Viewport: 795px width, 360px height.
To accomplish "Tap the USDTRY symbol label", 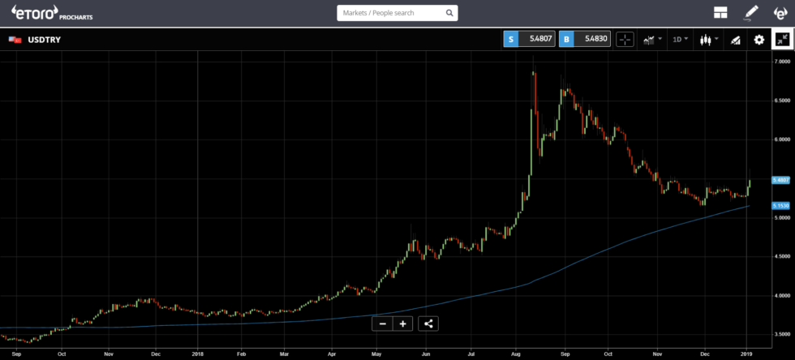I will pos(44,40).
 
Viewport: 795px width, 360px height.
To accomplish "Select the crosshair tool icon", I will pos(625,39).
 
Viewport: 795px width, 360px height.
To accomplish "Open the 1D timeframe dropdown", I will pos(680,39).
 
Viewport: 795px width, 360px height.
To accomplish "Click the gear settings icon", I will pos(759,39).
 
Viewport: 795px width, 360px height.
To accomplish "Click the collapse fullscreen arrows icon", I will pos(783,39).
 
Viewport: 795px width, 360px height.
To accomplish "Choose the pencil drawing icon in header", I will pos(751,12).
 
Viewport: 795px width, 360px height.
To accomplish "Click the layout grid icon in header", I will pos(720,12).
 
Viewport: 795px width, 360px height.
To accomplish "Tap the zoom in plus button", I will pos(402,324).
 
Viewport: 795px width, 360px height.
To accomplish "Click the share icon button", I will pos(429,324).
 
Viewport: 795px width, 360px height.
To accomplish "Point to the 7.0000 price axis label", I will pos(781,62).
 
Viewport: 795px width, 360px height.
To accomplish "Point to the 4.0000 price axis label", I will pos(781,296).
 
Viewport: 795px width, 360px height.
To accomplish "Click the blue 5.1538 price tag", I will pos(781,206).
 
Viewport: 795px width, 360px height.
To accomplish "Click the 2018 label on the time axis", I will pos(198,354).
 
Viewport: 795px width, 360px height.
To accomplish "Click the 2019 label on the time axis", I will pos(746,354).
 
